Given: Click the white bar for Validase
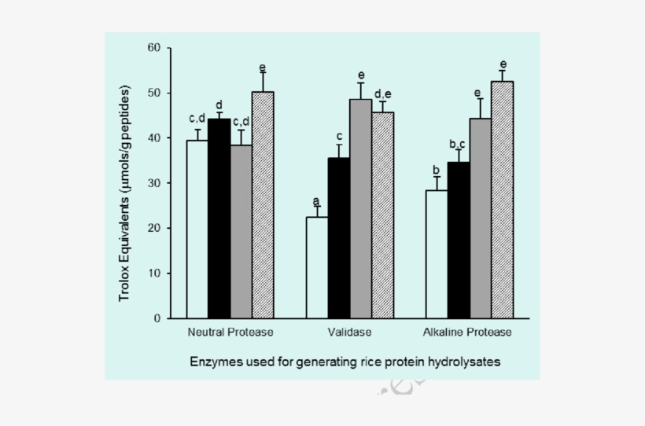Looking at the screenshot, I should pos(317,267).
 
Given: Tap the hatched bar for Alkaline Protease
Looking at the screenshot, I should pos(502,200).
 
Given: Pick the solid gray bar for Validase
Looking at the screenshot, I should pos(361,208).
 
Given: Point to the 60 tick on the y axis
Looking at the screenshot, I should pos(153,48).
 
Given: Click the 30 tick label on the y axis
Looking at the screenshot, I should pos(153,183).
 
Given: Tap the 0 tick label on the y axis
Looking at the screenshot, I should pos(157,318).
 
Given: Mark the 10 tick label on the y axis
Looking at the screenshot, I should pos(153,274).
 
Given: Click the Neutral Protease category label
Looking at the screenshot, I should pos(230,332).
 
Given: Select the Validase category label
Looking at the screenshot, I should pos(350,332).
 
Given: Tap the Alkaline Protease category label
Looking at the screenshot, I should pos(467,332).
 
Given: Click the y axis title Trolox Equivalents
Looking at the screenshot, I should pos(124,184).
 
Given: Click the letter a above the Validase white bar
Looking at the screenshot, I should pos(315,200).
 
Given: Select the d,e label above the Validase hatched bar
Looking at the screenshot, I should pos(383,94).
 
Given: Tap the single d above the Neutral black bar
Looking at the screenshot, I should pos(219,105).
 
